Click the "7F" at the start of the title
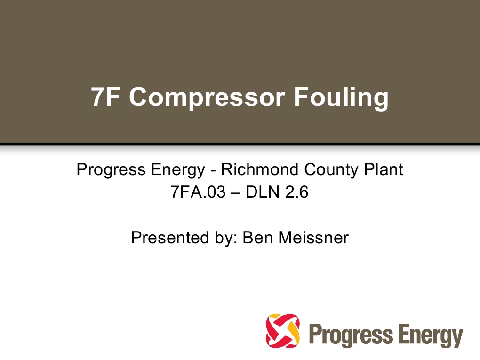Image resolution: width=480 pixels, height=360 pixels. click(x=104, y=97)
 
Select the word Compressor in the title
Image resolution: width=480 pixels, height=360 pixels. click(x=207, y=97)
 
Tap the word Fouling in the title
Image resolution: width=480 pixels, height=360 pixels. click(x=341, y=97)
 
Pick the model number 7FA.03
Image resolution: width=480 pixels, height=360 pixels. click(x=196, y=192)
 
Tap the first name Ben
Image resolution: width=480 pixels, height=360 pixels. click(x=258, y=238)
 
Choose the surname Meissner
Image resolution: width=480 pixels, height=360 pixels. click(x=313, y=238)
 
